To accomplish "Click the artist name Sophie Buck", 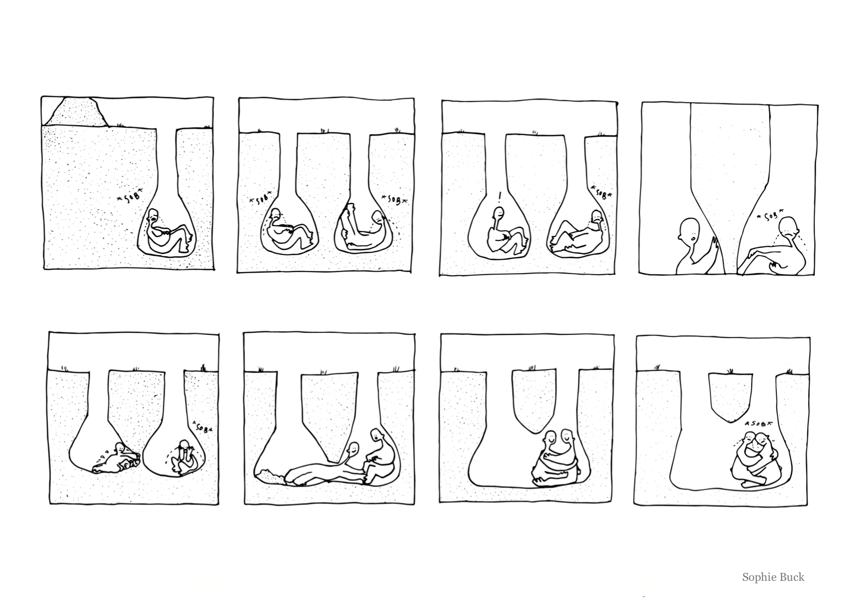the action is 773,577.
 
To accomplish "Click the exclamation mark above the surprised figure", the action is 500,196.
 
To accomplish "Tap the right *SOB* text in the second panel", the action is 395,199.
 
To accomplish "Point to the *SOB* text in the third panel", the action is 601,193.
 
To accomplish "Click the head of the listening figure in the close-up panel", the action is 688,231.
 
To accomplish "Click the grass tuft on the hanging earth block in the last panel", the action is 730,371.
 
